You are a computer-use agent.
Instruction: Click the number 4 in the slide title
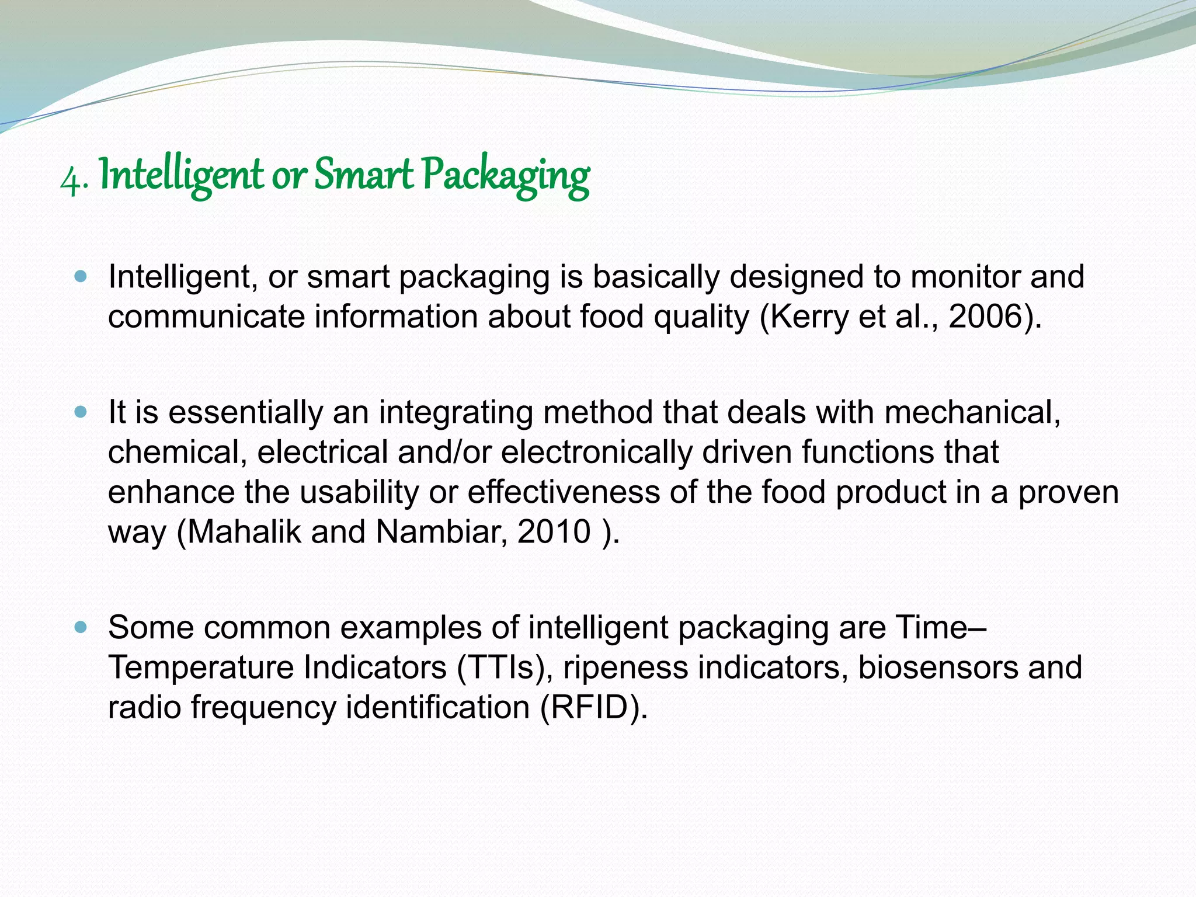tap(71, 179)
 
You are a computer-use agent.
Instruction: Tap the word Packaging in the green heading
tap(505, 177)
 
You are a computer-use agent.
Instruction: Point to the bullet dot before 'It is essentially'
tap(81, 412)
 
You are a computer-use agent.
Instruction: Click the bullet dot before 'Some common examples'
tap(81, 628)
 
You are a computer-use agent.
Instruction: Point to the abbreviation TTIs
tap(503, 667)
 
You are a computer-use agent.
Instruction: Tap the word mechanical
tap(972, 412)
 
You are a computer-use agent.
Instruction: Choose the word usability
tap(359, 492)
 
